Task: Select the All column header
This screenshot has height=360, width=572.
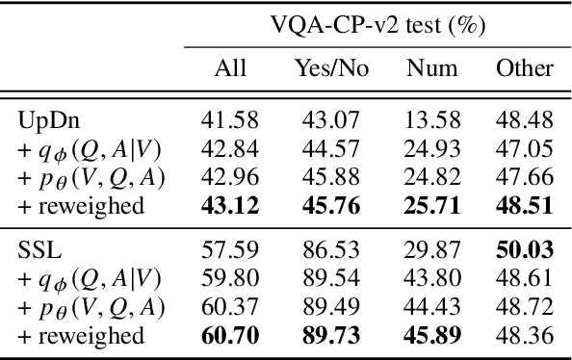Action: [230, 68]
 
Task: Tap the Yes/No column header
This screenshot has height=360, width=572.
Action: [325, 68]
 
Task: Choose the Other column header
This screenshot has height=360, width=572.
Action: [525, 68]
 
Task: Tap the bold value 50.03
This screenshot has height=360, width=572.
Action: [525, 250]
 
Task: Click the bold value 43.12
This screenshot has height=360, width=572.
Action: [230, 205]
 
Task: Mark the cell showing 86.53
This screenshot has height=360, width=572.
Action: [325, 250]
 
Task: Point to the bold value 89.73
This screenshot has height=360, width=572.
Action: [325, 336]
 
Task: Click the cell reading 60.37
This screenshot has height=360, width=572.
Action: [230, 307]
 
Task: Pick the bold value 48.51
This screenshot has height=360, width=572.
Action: [525, 205]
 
